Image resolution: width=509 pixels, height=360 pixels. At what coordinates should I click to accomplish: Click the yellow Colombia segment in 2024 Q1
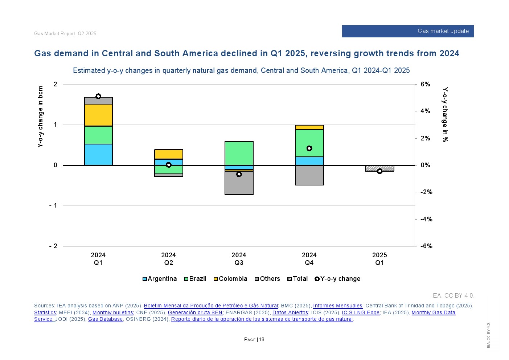[98, 115]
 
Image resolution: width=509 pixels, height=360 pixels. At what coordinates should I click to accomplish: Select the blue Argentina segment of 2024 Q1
[98, 155]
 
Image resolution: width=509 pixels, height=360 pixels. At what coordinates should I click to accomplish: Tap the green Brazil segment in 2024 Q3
[239, 153]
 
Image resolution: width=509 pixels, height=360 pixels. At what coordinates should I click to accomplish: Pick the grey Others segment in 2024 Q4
[309, 175]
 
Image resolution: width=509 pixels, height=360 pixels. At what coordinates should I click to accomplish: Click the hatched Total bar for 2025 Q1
[379, 168]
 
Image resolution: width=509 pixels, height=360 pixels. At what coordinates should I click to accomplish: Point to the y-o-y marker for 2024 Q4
[309, 148]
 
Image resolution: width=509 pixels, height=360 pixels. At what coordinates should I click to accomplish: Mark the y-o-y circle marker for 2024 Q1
[98, 96]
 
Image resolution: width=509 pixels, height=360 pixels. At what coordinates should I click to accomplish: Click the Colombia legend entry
[230, 279]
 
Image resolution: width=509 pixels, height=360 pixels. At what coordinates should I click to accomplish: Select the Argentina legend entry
[160, 279]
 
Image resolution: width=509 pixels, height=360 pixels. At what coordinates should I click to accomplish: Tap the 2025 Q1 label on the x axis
[379, 259]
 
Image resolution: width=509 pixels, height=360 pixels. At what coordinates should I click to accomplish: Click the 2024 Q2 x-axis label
[169, 259]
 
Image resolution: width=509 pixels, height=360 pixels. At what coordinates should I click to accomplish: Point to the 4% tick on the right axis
[425, 111]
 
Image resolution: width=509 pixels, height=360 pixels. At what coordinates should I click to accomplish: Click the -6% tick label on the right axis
[426, 246]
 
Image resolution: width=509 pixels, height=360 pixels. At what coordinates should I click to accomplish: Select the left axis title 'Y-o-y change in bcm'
[40, 117]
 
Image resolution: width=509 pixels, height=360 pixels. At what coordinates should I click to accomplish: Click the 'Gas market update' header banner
[408, 31]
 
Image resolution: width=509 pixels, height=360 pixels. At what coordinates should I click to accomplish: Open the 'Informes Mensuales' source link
[338, 306]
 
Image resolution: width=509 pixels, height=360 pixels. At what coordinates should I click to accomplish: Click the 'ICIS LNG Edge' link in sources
[361, 312]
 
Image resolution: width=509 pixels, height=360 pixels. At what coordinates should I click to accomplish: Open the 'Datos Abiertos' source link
[290, 312]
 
